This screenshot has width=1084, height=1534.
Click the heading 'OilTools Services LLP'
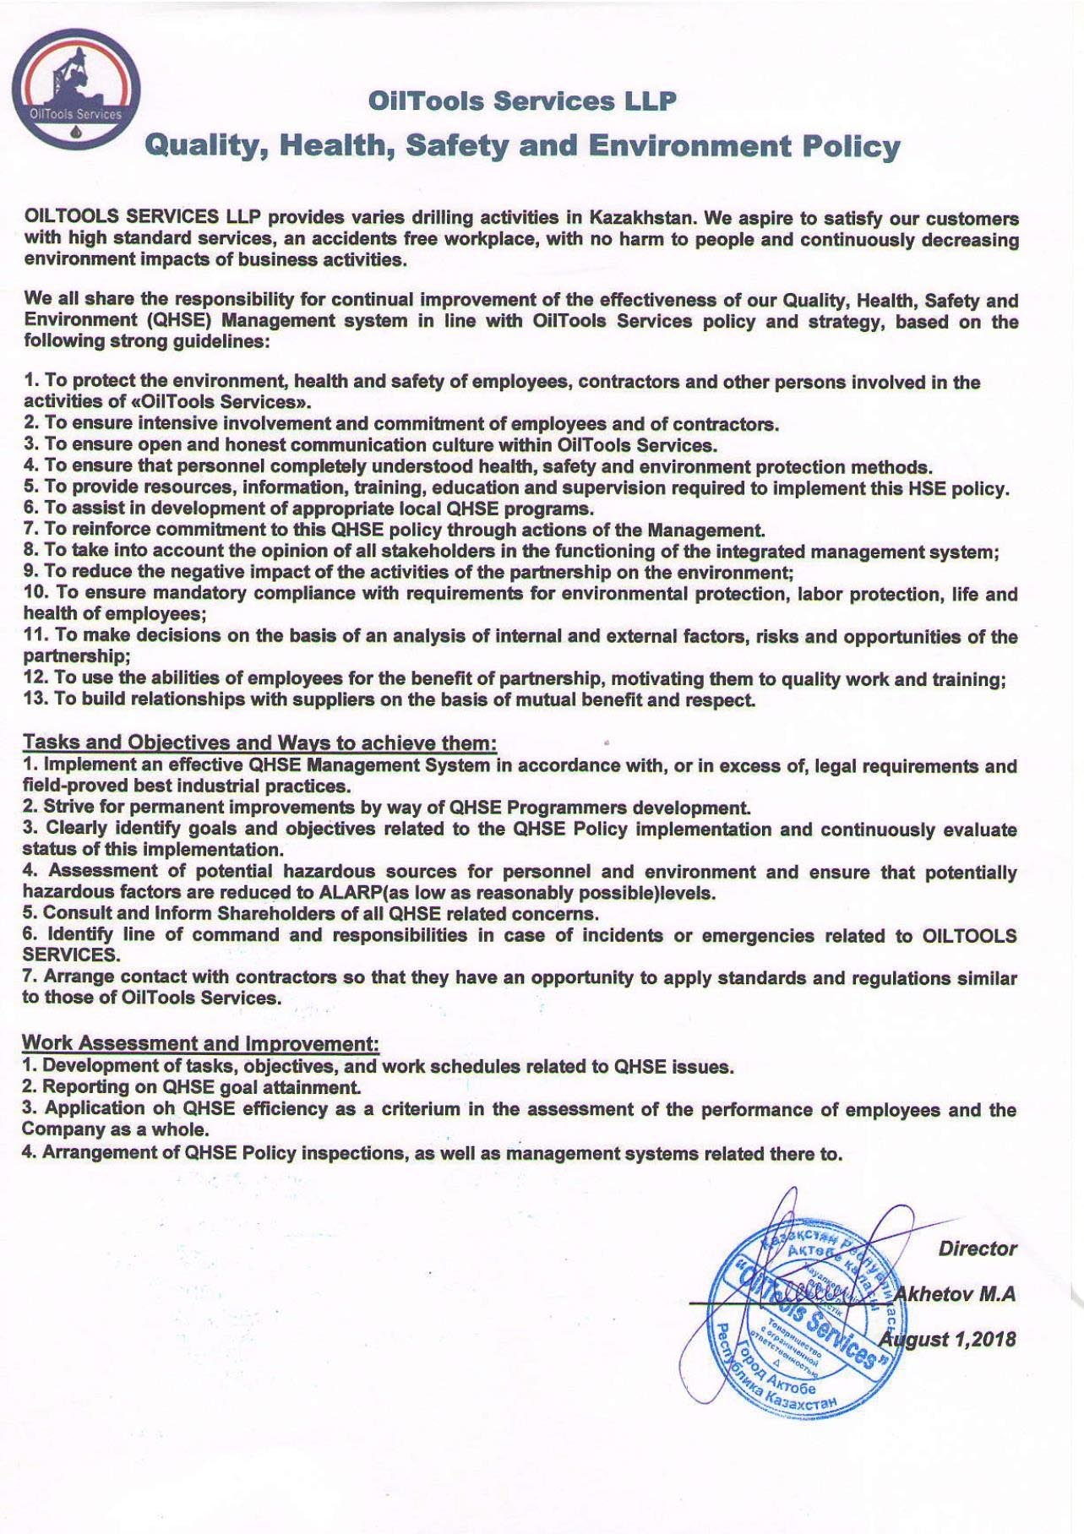(x=522, y=101)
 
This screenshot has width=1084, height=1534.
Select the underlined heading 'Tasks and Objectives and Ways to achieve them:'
(x=259, y=743)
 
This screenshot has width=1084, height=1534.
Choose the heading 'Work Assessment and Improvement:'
(x=200, y=1043)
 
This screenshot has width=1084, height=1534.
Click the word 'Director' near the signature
(x=977, y=1248)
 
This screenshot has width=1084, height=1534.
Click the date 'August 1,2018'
(x=948, y=1339)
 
